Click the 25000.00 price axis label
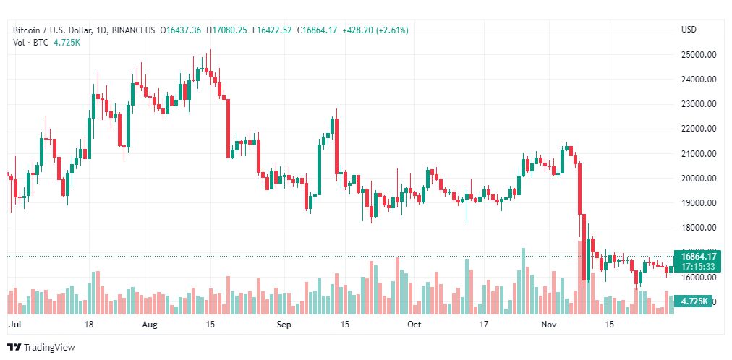pyautogui.click(x=699, y=55)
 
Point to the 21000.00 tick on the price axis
pyautogui.click(x=699, y=154)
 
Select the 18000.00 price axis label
pyautogui.click(x=699, y=228)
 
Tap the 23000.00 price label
pyautogui.click(x=699, y=104)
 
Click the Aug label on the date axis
pyautogui.click(x=149, y=325)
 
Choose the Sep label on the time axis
pyautogui.click(x=284, y=325)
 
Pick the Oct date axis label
pyautogui.click(x=414, y=325)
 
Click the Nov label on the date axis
pyautogui.click(x=549, y=325)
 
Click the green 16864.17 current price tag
pyautogui.click(x=699, y=256)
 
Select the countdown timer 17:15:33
pyautogui.click(x=699, y=266)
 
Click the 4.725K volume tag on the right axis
pyautogui.click(x=690, y=300)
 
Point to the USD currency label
pyautogui.click(x=689, y=30)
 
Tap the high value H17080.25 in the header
pyautogui.click(x=227, y=30)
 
